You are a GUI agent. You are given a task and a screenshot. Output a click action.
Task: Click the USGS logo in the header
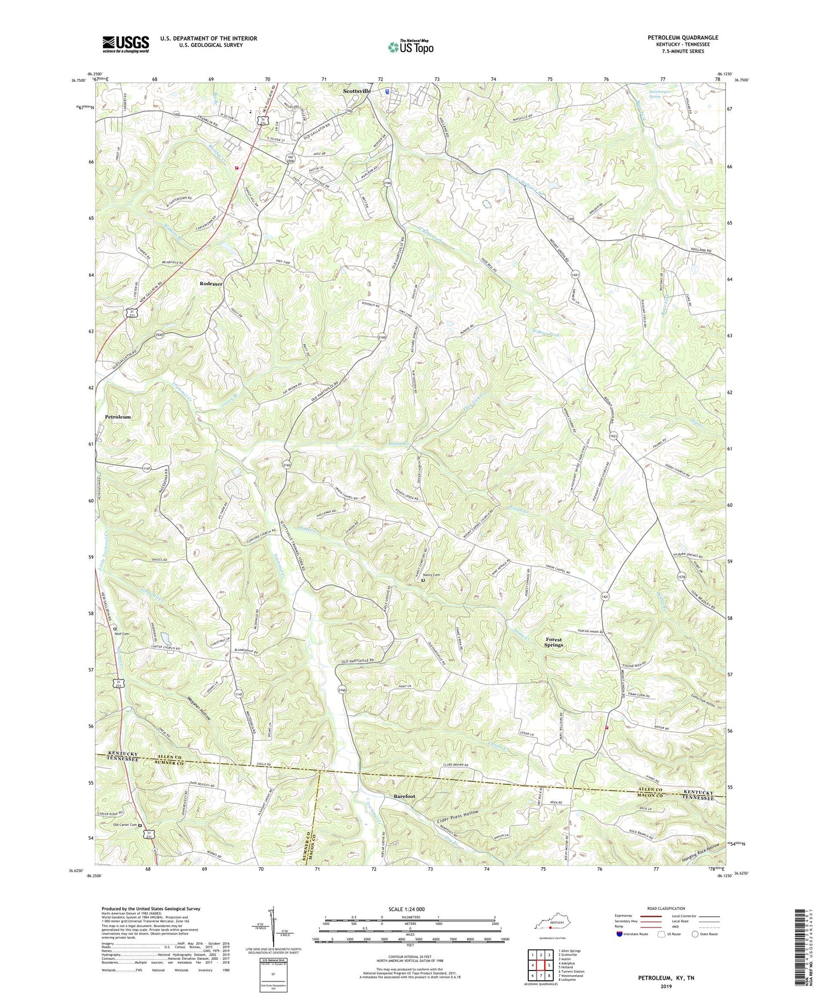(x=126, y=44)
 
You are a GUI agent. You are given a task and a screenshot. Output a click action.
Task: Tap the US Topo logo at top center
(x=410, y=47)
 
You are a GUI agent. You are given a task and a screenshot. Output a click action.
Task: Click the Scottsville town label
(x=357, y=91)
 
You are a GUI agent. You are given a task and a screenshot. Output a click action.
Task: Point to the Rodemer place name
(x=211, y=284)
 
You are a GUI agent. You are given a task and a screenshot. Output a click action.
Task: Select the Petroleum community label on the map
(x=118, y=417)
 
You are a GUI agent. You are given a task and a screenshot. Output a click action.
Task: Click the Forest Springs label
(x=553, y=642)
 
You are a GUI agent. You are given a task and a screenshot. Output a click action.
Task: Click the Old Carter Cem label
(x=125, y=825)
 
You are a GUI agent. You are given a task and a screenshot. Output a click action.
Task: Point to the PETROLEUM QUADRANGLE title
(x=683, y=38)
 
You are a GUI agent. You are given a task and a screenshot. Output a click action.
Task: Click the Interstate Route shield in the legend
(x=620, y=935)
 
